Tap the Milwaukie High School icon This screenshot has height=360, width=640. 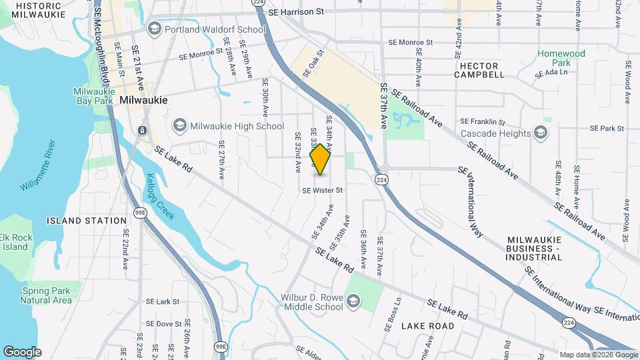[179, 125]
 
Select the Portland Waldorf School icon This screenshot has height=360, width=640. [155, 29]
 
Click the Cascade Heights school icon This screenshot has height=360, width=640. [541, 133]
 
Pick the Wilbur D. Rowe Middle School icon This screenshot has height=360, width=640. [353, 302]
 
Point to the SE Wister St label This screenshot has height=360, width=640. [322, 190]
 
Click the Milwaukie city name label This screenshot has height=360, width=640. [143, 99]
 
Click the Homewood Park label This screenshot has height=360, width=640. [562, 58]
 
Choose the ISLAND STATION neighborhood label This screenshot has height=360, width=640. [87, 221]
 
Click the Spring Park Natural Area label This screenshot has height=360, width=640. [46, 295]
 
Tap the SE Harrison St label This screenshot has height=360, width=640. [295, 12]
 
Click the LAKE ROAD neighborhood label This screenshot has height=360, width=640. [427, 326]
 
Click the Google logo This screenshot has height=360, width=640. [22, 351]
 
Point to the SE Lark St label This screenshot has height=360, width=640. [163, 302]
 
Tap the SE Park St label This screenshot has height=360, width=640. [607, 128]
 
